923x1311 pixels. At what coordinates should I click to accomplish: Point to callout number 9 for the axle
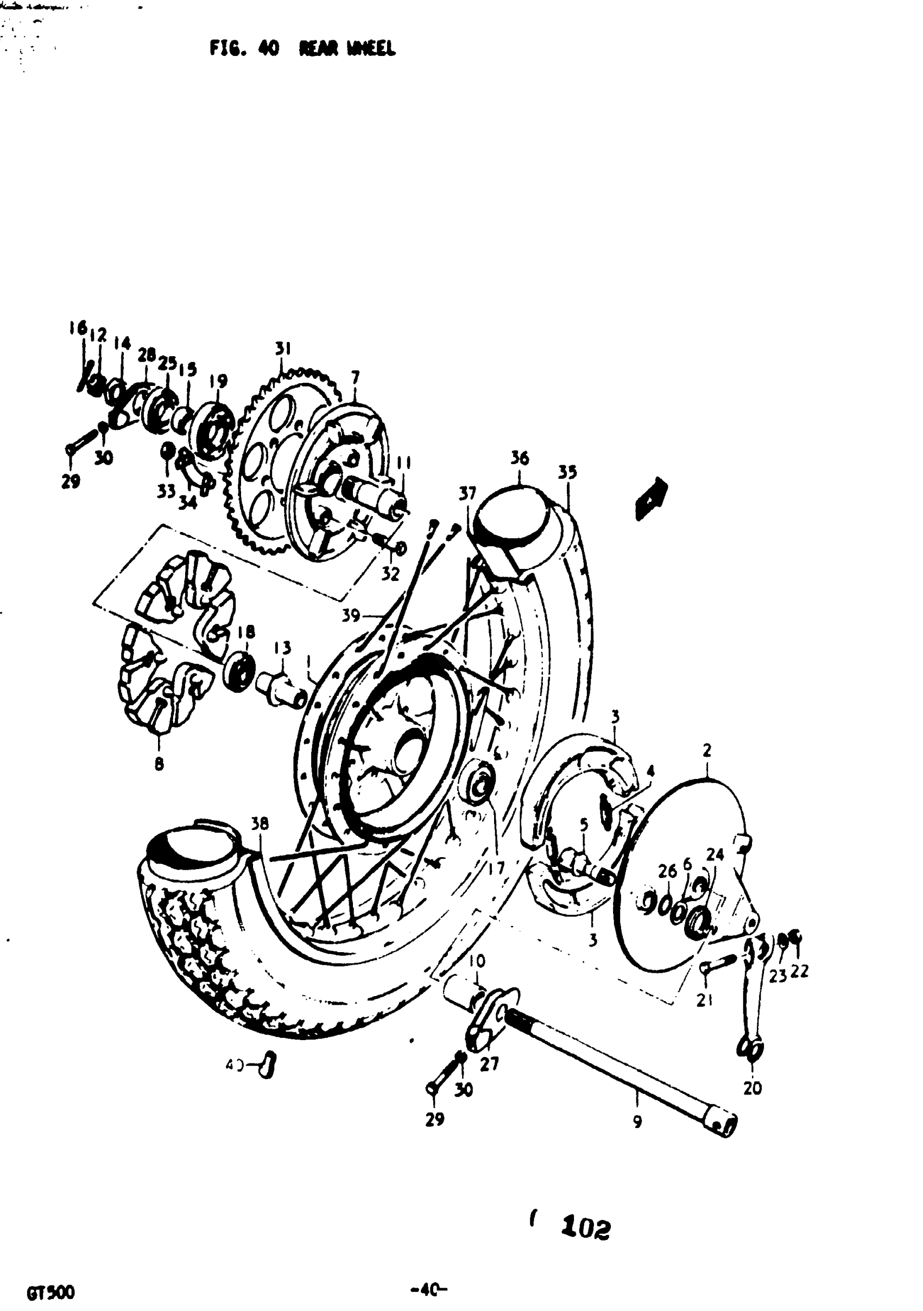[x=637, y=1122]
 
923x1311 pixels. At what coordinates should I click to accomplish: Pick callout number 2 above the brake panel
[x=707, y=751]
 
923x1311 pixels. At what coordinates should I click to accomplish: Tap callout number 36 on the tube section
[x=520, y=459]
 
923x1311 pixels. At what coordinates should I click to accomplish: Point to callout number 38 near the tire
[x=260, y=824]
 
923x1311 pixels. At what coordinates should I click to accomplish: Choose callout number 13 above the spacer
[x=282, y=648]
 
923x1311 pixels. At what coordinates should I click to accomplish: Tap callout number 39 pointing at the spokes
[x=351, y=616]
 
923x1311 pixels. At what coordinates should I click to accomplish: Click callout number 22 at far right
[x=800, y=971]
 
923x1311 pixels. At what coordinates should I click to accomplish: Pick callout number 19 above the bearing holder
[x=218, y=381]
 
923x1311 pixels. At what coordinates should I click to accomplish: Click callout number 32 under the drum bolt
[x=390, y=574]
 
